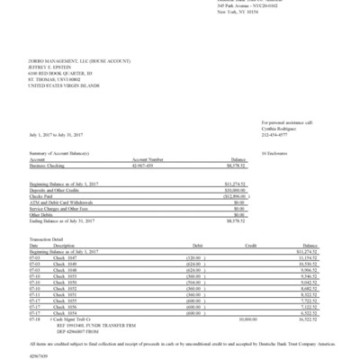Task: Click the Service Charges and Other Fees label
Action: tap(63, 206)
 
